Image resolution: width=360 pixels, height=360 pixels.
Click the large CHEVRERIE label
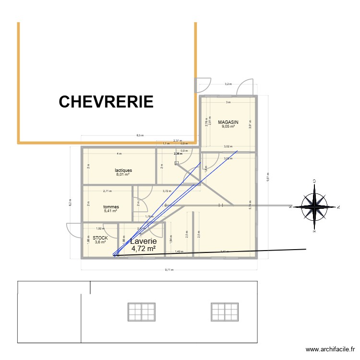pos(106,102)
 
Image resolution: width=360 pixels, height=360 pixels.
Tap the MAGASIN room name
pos(228,122)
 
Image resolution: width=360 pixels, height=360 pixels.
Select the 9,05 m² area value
pos(228,127)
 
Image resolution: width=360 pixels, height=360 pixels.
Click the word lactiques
pos(123,170)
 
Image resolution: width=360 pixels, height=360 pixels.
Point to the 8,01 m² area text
pos(123,175)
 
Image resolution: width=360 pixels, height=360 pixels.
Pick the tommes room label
pos(111,207)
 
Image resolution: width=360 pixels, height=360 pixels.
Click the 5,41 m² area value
pos(111,211)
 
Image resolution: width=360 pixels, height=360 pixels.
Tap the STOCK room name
pos(100,238)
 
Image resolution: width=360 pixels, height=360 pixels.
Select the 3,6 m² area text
pos(100,242)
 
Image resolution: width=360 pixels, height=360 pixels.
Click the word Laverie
pos(144,241)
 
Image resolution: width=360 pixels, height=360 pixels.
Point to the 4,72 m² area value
pos(144,249)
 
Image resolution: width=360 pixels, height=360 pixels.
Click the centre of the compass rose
pos(314,207)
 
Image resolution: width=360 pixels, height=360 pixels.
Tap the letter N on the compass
pos(338,207)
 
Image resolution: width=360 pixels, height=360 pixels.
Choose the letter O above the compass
pos(314,181)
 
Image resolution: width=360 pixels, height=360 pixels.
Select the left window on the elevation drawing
pos(142,312)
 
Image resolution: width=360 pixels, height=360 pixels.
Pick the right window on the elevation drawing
pos(225,312)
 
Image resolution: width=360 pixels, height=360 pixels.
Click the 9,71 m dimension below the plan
pos(169,270)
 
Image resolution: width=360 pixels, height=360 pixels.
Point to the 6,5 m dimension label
pos(140,135)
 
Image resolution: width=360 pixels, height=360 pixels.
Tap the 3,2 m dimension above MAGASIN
pos(228,84)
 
